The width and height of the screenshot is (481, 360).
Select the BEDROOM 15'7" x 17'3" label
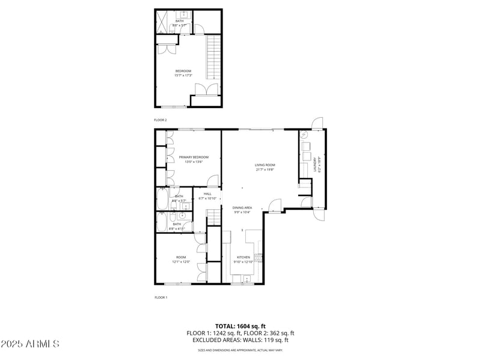click(x=183, y=73)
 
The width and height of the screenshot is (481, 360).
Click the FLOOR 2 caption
click(x=160, y=120)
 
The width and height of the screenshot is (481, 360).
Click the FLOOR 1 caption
click(x=160, y=297)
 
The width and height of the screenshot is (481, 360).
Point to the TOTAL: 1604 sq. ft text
click(x=240, y=325)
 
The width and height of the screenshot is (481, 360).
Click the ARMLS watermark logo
click(x=30, y=344)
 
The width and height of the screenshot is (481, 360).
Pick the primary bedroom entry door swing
click(x=213, y=180)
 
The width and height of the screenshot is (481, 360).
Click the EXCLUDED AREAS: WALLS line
click(x=240, y=340)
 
